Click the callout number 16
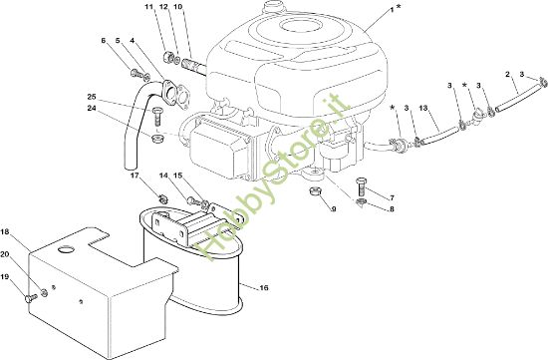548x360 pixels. pyautogui.click(x=264, y=288)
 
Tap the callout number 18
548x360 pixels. pyautogui.click(x=5, y=231)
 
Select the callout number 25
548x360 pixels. pyautogui.click(x=92, y=97)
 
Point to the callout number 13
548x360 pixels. pyautogui.click(x=423, y=108)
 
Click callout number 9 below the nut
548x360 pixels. pyautogui.click(x=334, y=209)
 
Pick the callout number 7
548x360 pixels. pyautogui.click(x=392, y=198)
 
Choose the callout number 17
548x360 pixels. pyautogui.click(x=135, y=176)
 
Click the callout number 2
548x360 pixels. pyautogui.click(x=507, y=74)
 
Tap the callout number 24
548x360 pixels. pyautogui.click(x=92, y=109)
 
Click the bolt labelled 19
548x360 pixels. pyautogui.click(x=30, y=298)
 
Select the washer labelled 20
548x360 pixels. pyautogui.click(x=45, y=292)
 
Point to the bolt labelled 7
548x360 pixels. pyautogui.click(x=361, y=186)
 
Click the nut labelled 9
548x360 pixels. pyautogui.click(x=315, y=192)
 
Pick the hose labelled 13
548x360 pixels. pyautogui.click(x=439, y=135)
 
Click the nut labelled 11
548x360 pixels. pyautogui.click(x=168, y=57)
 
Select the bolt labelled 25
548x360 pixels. pyautogui.click(x=156, y=116)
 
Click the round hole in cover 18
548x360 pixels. pyautogui.click(x=66, y=249)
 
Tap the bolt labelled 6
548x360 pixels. pyautogui.click(x=136, y=73)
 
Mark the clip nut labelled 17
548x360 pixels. pyautogui.click(x=162, y=199)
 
